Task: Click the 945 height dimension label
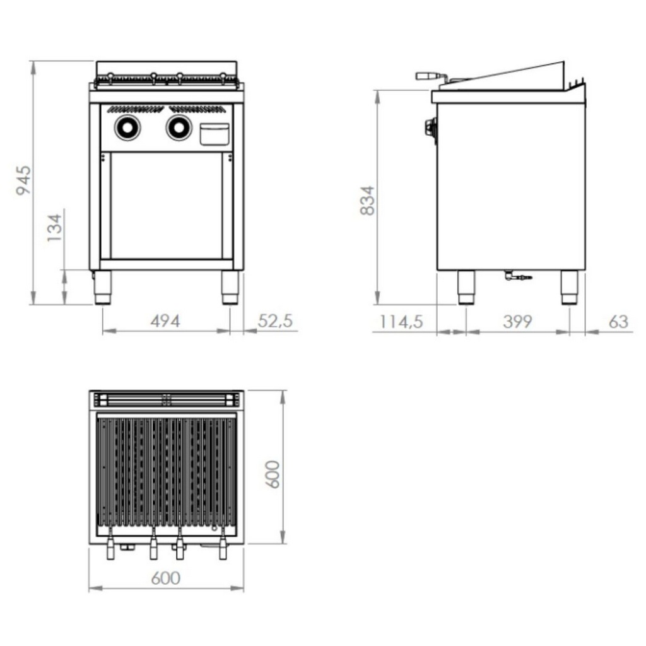click(x=23, y=180)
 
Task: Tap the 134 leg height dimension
click(x=54, y=228)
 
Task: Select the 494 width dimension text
click(x=165, y=321)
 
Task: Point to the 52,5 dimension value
click(x=275, y=321)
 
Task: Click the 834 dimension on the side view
click(x=368, y=200)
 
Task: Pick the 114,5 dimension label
click(x=401, y=322)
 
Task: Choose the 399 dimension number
click(x=517, y=322)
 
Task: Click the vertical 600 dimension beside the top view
click(x=273, y=474)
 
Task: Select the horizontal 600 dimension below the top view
click(x=166, y=578)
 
